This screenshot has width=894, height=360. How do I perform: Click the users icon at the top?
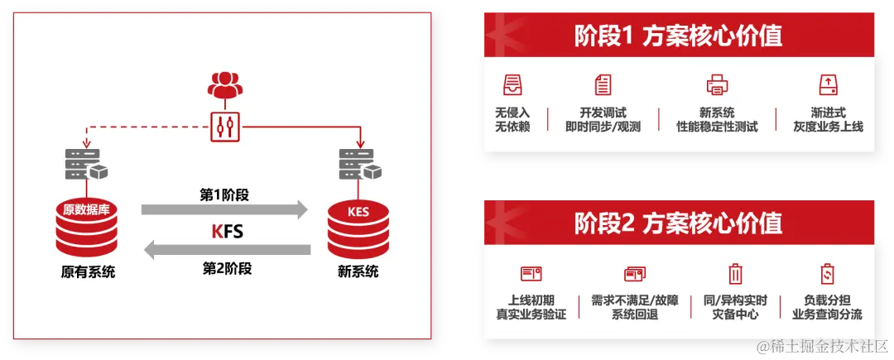click(224, 84)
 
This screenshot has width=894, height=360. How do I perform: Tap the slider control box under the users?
click(224, 124)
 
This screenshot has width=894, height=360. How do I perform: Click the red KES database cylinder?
click(358, 227)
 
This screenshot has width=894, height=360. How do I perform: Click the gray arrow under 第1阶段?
click(223, 210)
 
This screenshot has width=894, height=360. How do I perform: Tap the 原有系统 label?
click(88, 271)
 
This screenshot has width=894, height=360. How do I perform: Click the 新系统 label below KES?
click(358, 271)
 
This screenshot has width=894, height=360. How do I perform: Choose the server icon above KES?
click(358, 165)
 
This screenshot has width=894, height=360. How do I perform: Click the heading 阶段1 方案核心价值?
click(678, 36)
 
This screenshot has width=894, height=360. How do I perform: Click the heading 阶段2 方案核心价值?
click(678, 223)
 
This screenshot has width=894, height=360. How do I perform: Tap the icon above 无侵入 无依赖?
click(512, 84)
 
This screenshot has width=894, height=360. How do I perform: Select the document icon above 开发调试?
click(603, 84)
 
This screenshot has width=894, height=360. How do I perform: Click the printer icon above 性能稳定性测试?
click(717, 84)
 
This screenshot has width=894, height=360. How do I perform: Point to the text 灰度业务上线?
click(828, 127)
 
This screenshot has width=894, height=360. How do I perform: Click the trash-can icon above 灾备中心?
click(735, 274)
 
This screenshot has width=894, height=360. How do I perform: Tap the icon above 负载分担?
click(827, 274)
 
